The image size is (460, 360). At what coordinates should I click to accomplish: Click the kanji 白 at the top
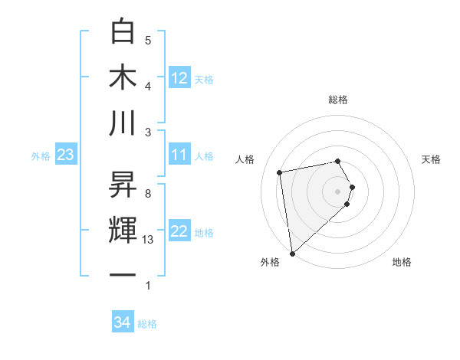pos(123,32)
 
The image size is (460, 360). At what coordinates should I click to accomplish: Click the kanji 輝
pos(123,231)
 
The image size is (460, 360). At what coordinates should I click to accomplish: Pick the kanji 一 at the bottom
pos(123,276)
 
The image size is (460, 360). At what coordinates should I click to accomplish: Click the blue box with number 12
pos(179,77)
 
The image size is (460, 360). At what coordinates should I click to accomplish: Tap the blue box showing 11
pos(179,155)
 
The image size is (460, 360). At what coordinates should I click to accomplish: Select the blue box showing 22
pos(179,231)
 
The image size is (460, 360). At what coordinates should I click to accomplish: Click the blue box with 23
pos(65,155)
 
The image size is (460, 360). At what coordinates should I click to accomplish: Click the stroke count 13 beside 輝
pos(149,240)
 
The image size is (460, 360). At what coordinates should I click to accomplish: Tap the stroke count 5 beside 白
pos(148,40)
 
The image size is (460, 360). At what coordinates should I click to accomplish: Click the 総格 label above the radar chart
pos(338,100)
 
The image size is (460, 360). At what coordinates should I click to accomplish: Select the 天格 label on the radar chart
pos(432,159)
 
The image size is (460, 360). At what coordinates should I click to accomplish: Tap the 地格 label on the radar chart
pos(402,262)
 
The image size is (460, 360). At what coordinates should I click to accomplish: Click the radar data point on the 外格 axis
pos(292,253)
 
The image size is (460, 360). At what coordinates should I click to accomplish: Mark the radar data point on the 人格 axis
pos(280,172)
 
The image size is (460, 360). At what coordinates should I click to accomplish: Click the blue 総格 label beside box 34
pos(147,324)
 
